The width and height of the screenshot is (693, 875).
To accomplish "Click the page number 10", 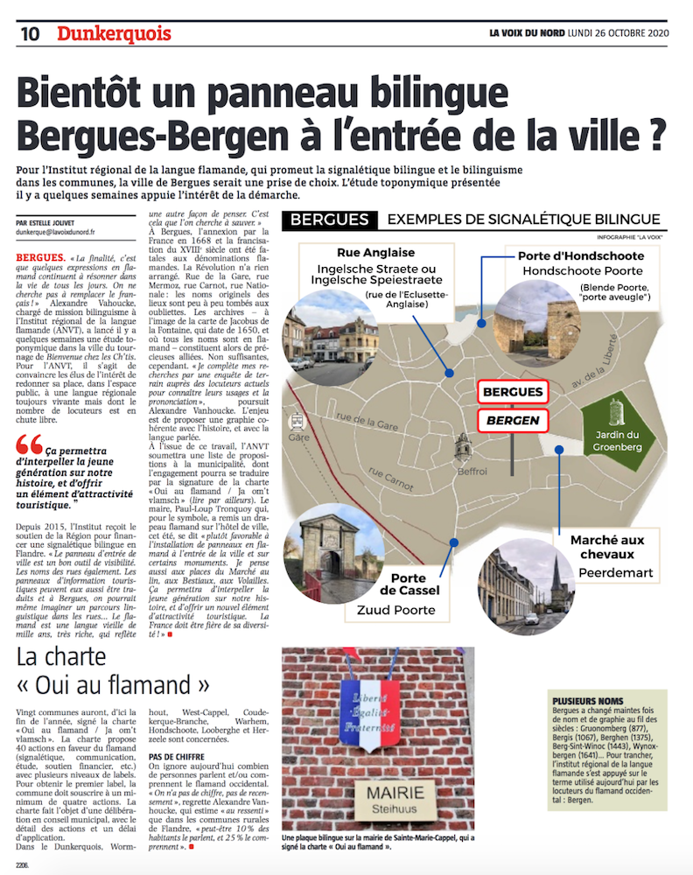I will (29, 35).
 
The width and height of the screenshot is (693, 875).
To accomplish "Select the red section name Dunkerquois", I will (115, 34).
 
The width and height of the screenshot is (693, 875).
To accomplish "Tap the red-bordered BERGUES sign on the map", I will (513, 392).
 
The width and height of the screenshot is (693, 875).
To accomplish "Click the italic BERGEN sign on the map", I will (513, 422).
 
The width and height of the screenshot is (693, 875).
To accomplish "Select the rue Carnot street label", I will (392, 480).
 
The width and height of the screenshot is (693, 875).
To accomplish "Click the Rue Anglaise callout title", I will (363, 253).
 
